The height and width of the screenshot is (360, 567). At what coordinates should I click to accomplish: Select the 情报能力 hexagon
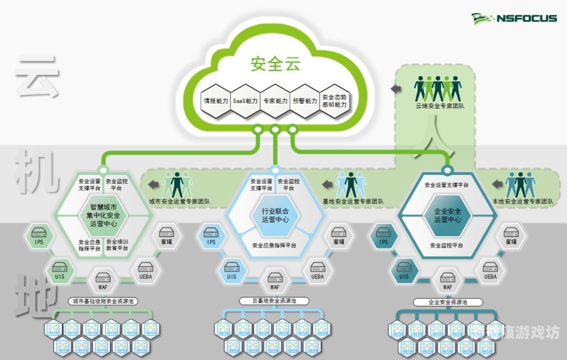click(x=216, y=102)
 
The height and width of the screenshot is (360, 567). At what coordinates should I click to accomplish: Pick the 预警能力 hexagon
click(x=304, y=102)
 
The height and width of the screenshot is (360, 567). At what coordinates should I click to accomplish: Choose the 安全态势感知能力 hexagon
click(x=334, y=102)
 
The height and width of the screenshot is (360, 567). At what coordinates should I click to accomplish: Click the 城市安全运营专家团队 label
click(x=176, y=202)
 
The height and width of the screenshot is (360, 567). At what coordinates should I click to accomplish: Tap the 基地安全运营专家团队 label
click(x=353, y=202)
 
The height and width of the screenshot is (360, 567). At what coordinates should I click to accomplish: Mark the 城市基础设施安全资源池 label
click(x=102, y=301)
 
